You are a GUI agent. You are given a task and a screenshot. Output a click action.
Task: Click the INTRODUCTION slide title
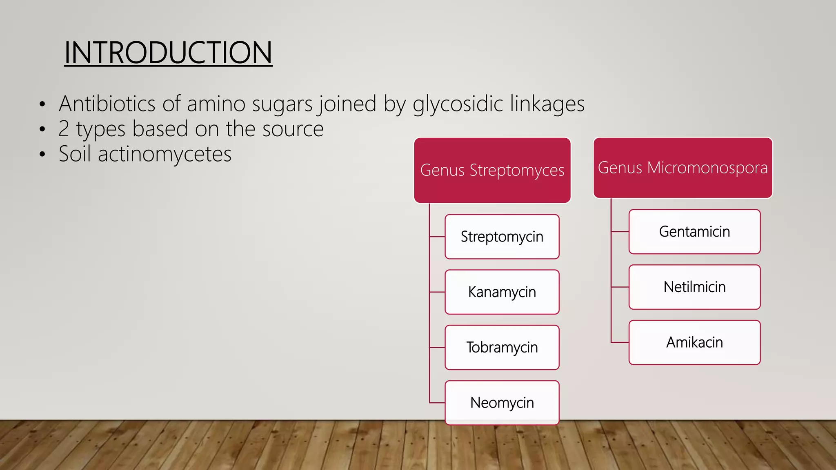tap(168, 53)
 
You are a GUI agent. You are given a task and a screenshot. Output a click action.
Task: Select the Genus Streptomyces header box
tap(492, 170)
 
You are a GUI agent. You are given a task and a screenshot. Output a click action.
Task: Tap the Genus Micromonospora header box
tap(683, 168)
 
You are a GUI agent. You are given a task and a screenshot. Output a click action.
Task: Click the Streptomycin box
tap(502, 237)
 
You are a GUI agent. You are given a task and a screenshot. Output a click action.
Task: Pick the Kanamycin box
tap(502, 292)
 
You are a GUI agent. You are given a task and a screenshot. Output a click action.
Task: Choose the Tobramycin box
tap(502, 348)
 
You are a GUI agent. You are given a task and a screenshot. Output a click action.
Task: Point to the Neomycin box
tap(502, 403)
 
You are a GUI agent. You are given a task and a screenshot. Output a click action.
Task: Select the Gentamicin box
tap(694, 232)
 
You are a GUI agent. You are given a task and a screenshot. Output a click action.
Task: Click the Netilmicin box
tap(694, 287)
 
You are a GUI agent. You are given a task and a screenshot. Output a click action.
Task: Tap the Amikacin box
tap(694, 342)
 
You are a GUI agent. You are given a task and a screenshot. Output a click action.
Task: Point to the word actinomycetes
tap(165, 155)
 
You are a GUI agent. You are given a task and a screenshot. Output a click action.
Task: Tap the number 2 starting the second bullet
tap(64, 129)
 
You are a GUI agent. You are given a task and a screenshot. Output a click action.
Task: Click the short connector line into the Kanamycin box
tap(437, 292)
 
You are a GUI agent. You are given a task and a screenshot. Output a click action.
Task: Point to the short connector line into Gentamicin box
tap(620, 232)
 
